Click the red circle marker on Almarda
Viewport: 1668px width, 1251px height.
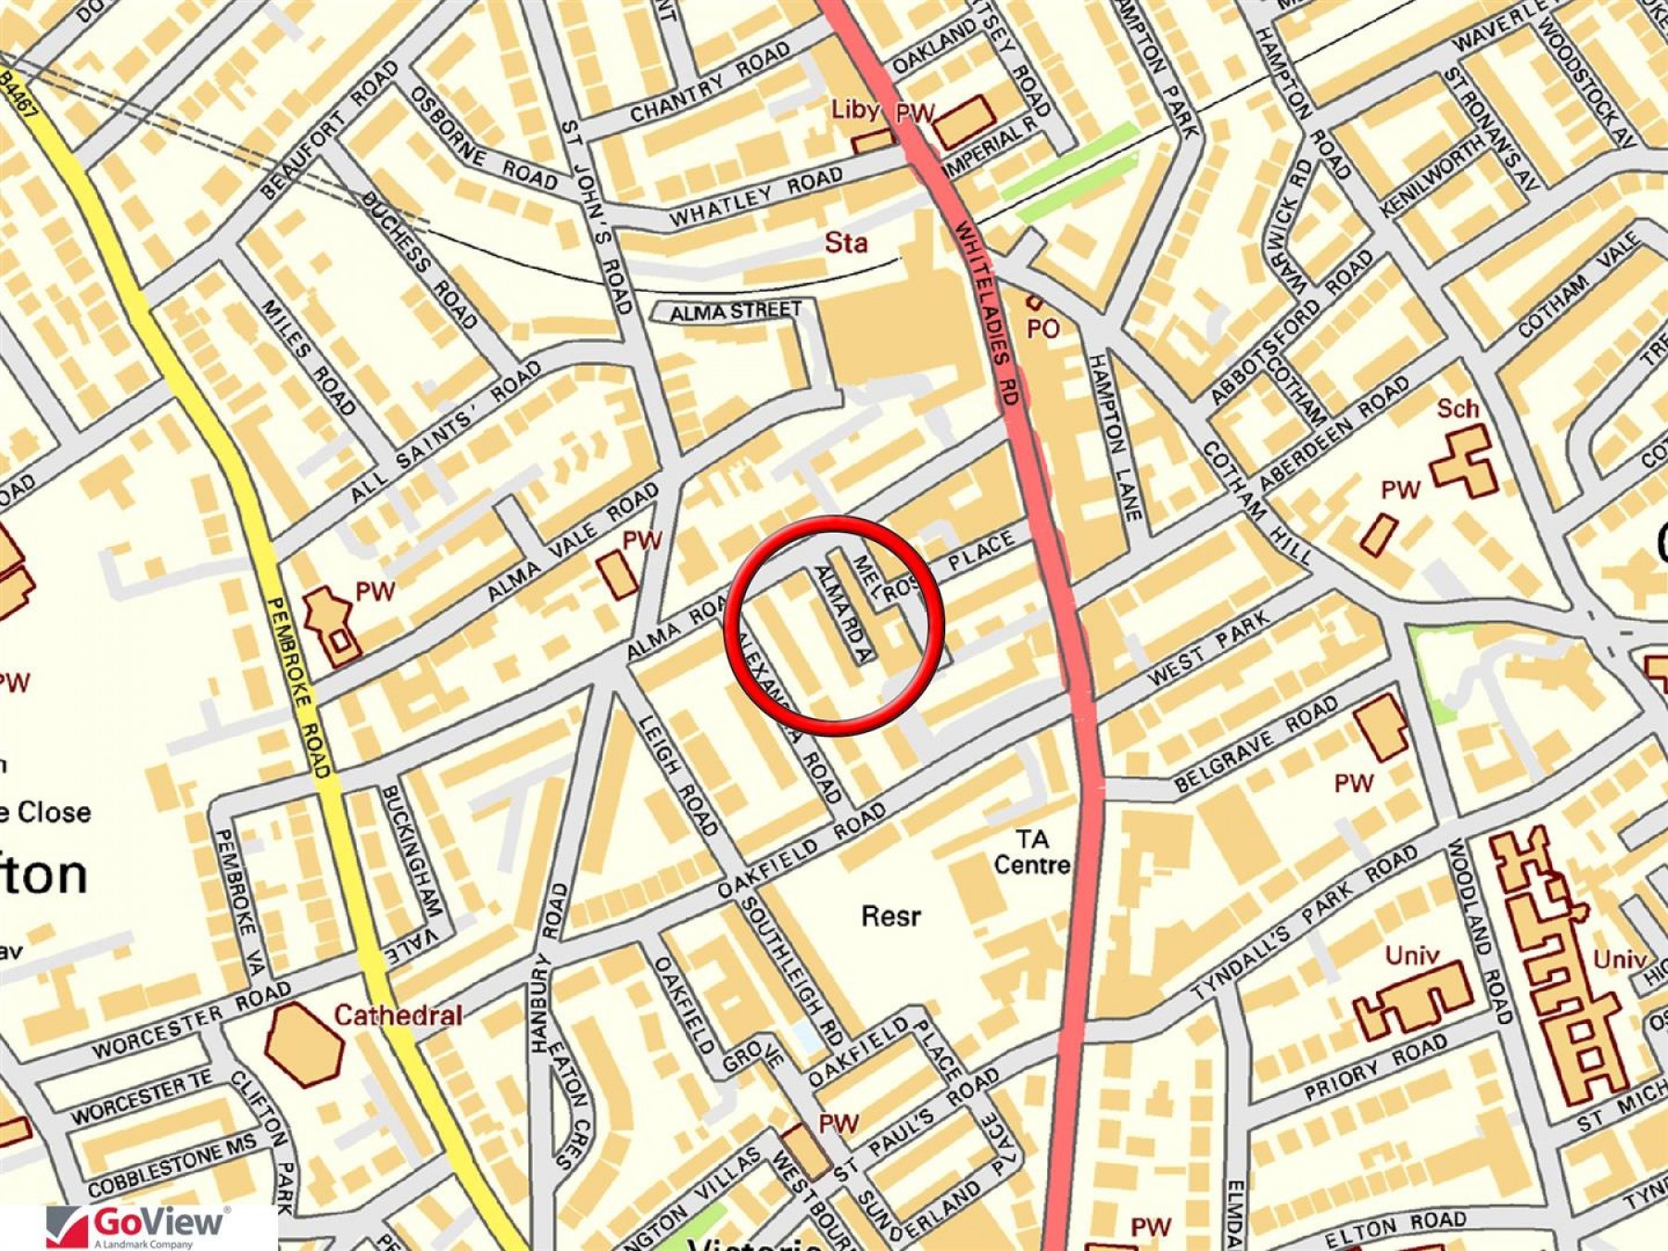(833, 625)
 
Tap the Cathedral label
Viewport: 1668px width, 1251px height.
(398, 1015)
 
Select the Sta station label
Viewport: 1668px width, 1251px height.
(846, 244)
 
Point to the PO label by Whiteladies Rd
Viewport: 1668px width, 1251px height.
(1042, 328)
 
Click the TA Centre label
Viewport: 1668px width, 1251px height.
(1031, 853)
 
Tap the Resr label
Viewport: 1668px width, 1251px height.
(891, 916)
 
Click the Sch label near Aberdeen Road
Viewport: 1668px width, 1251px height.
(1457, 409)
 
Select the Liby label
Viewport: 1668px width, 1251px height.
(853, 109)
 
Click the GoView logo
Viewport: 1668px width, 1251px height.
(139, 1225)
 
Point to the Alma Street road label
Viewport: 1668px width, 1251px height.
(736, 311)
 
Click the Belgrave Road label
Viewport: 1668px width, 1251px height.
(1257, 742)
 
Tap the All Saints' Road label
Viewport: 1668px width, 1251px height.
(446, 432)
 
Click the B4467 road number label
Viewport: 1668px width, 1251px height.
(20, 95)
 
